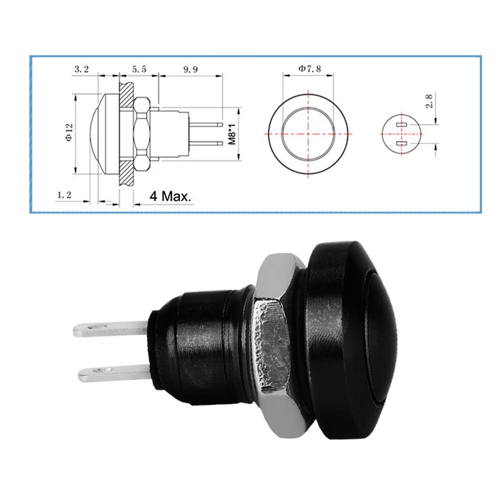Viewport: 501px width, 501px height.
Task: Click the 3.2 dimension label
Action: pyautogui.click(x=82, y=70)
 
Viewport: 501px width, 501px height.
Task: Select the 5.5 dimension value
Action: pyautogui.click(x=139, y=70)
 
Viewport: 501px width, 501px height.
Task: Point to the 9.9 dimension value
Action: pyautogui.click(x=191, y=70)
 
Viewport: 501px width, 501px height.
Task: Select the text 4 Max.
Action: pyautogui.click(x=171, y=197)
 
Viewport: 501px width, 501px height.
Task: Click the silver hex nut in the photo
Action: pyautogui.click(x=273, y=345)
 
